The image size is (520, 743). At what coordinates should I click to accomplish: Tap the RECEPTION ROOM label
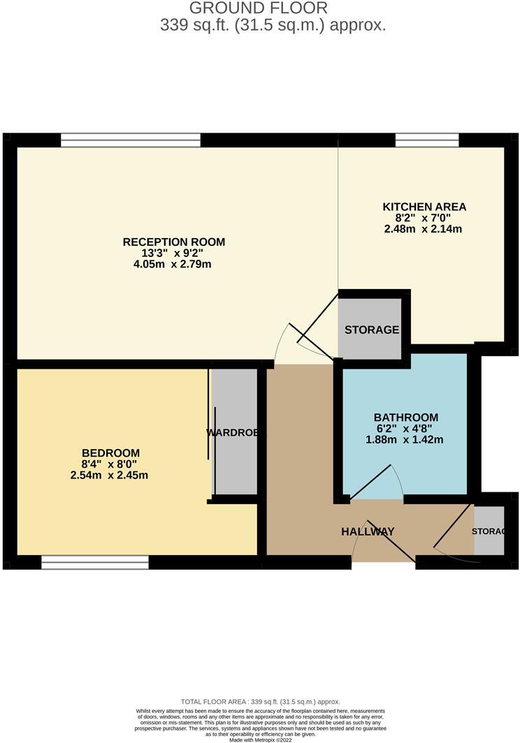click(x=174, y=242)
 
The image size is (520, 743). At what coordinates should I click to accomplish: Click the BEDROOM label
click(x=110, y=453)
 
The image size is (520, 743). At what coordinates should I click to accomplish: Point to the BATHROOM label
click(x=405, y=417)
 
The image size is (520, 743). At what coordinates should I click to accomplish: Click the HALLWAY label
click(x=368, y=531)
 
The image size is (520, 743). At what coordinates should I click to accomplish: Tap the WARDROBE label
click(x=236, y=433)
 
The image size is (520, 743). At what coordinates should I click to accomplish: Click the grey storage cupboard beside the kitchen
click(x=370, y=329)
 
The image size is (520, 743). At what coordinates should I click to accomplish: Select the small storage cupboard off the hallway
click(x=488, y=531)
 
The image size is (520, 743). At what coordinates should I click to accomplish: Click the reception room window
click(x=131, y=140)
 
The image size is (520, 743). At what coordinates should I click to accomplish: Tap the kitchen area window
click(x=427, y=140)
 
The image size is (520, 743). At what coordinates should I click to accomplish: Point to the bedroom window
click(x=95, y=562)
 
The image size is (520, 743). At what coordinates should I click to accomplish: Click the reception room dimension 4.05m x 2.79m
click(x=174, y=265)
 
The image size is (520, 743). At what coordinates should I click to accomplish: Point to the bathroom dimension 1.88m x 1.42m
click(x=405, y=439)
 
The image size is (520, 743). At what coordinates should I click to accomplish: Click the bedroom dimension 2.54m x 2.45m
click(x=110, y=475)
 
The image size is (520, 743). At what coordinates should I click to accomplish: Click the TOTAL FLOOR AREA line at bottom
click(x=260, y=701)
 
